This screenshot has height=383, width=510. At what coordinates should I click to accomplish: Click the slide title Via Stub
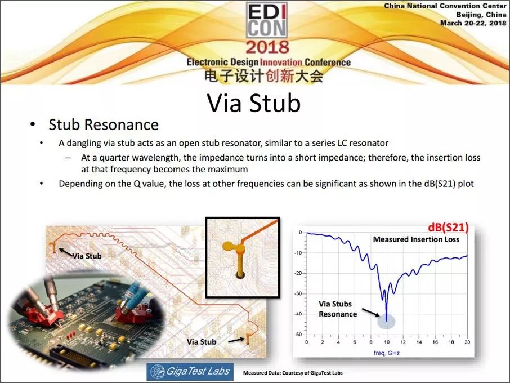pyautogui.click(x=254, y=103)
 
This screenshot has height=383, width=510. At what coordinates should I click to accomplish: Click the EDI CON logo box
pyautogui.click(x=267, y=20)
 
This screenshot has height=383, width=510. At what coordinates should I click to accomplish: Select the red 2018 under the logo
pyautogui.click(x=267, y=47)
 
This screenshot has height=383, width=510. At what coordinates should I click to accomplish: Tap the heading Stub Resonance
pyautogui.click(x=104, y=124)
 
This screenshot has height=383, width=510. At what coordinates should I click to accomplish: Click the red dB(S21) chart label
pyautogui.click(x=448, y=228)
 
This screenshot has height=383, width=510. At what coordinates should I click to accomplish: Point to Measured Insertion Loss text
pyautogui.click(x=416, y=239)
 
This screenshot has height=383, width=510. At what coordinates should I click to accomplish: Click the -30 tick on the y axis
pyautogui.click(x=298, y=293)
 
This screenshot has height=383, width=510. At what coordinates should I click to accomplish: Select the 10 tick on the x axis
pyautogui.click(x=387, y=342)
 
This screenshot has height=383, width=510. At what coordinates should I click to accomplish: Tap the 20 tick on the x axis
pyautogui.click(x=467, y=342)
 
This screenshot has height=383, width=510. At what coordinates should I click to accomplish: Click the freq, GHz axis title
pyautogui.click(x=387, y=353)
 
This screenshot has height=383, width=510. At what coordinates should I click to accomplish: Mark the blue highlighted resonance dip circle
pyautogui.click(x=386, y=322)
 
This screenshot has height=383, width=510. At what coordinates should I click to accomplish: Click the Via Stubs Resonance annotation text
pyautogui.click(x=337, y=309)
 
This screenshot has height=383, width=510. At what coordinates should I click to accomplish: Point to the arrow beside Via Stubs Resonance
pyautogui.click(x=371, y=312)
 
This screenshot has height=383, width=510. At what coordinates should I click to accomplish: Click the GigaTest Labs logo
pyautogui.click(x=190, y=372)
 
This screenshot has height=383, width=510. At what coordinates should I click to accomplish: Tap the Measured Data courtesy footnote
pyautogui.click(x=293, y=373)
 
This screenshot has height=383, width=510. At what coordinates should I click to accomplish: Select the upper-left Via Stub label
pyautogui.click(x=87, y=256)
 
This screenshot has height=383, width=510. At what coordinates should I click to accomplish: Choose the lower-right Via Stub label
pyautogui.click(x=202, y=342)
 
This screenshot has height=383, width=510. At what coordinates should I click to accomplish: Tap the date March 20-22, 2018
pyautogui.click(x=473, y=23)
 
